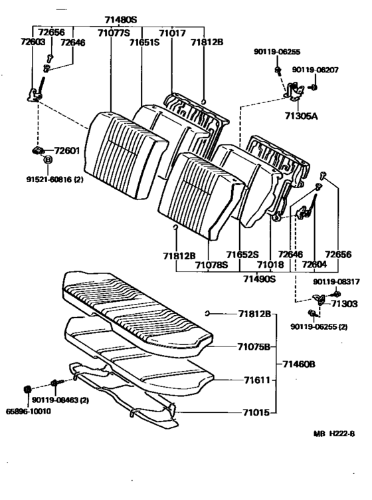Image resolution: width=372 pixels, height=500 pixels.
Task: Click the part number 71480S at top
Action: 120,20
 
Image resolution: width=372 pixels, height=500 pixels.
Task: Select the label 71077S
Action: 114,33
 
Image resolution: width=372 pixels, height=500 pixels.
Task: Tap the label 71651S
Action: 144,42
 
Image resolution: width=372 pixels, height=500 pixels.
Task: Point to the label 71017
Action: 172,33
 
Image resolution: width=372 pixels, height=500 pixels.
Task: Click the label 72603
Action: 33,41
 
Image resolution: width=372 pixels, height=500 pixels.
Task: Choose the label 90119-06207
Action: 316,70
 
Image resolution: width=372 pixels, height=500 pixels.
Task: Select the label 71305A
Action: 302,116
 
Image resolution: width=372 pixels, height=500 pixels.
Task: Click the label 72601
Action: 67,150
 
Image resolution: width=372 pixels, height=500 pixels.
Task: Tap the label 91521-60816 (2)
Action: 54,180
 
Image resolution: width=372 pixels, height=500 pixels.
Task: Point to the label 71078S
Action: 211,265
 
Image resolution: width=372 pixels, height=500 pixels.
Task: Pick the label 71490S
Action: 259,279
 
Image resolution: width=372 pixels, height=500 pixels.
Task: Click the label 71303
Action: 344,304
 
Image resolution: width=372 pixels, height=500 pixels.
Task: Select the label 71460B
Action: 299,364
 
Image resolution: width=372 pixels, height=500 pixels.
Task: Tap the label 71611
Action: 257,380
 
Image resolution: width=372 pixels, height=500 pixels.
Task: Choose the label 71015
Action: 256,413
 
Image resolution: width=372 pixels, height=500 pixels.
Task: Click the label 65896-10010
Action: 29,412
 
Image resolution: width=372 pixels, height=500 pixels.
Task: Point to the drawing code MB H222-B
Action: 334,434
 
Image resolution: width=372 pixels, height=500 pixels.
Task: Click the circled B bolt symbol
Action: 47,160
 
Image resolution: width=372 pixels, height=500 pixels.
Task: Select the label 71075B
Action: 254,346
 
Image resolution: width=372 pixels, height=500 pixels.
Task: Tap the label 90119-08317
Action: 336,282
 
